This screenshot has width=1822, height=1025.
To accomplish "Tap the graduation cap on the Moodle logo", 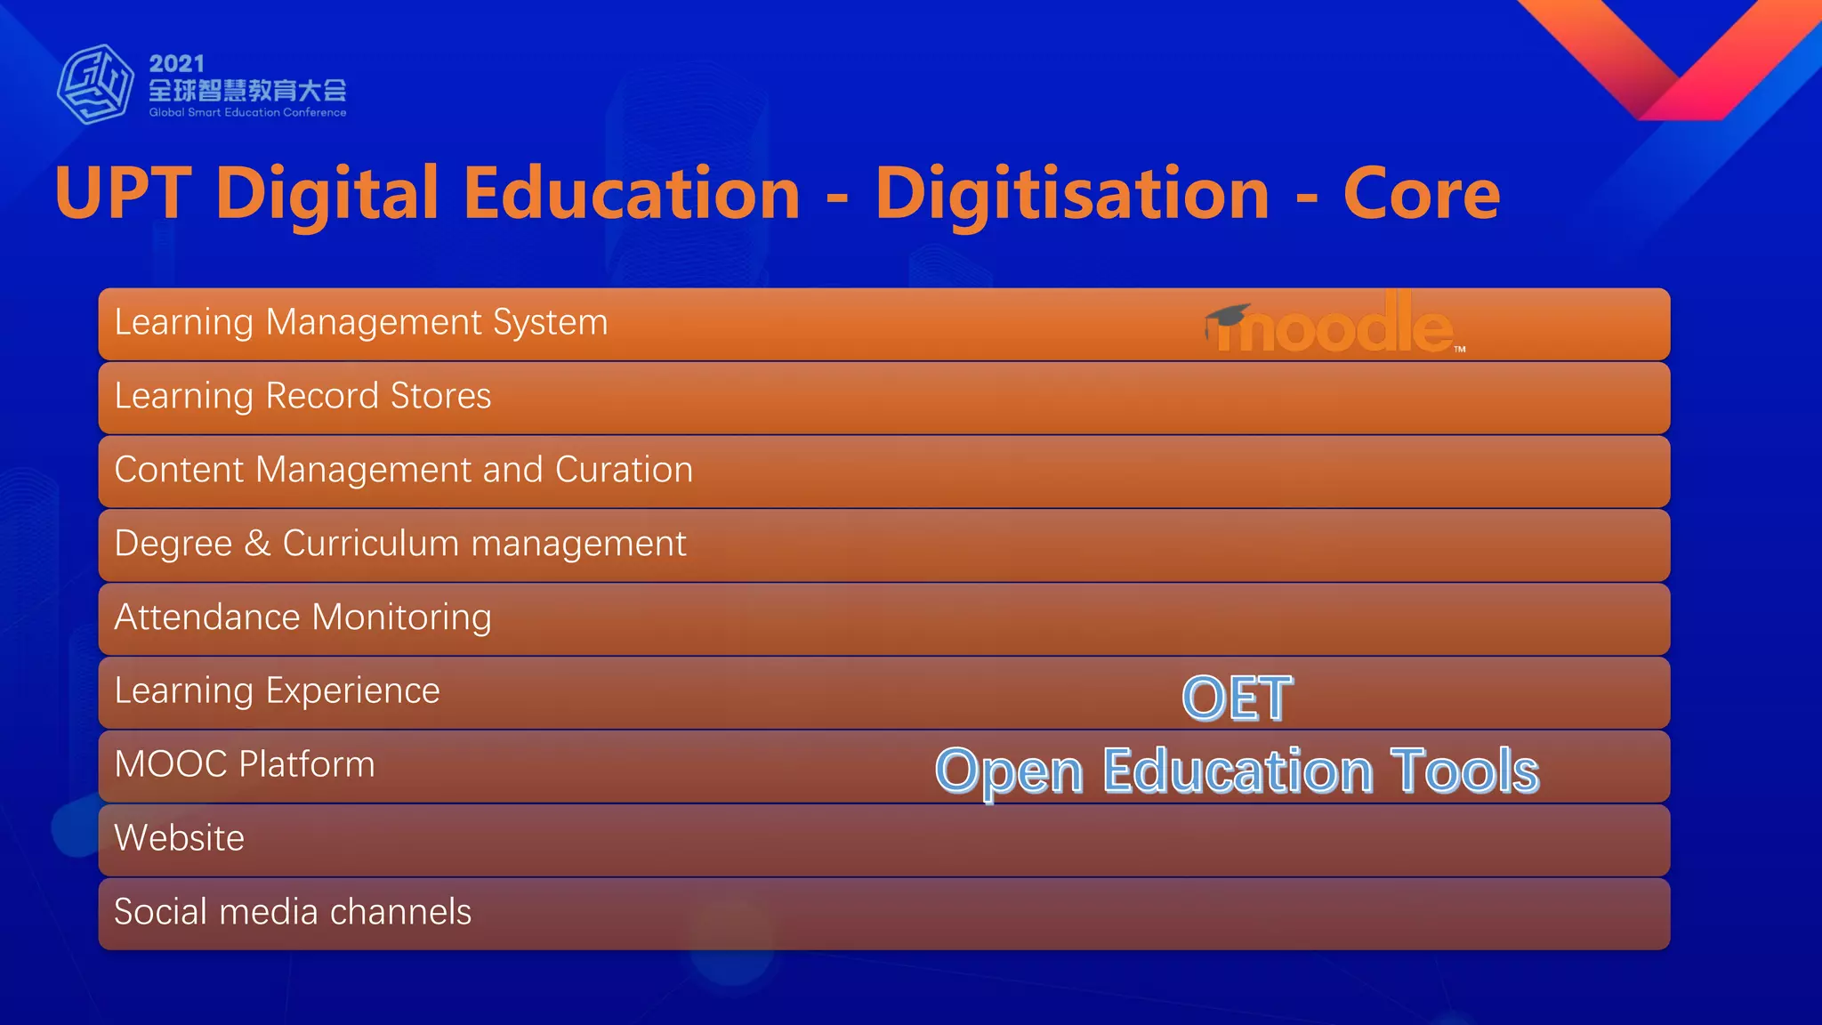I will (1228, 316).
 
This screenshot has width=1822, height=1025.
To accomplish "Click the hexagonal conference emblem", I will (95, 85).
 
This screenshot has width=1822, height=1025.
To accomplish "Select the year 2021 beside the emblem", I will (177, 64).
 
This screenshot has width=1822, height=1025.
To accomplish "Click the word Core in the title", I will (1421, 194).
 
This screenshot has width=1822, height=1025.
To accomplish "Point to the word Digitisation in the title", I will (1072, 194).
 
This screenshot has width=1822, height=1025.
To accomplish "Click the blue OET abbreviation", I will (1237, 698).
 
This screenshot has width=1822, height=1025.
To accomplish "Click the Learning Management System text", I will (361, 322).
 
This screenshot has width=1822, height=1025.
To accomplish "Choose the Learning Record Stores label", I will (302, 396).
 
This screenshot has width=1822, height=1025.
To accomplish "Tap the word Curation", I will (624, 470).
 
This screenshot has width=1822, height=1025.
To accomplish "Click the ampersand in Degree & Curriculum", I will (257, 543).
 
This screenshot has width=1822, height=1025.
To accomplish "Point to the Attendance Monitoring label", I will (302, 617).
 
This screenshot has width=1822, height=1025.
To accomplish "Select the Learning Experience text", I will (277, 691).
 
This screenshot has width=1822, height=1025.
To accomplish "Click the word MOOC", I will (171, 764).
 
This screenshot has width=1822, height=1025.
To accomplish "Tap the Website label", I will (179, 838).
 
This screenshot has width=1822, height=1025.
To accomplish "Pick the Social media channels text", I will (293, 912).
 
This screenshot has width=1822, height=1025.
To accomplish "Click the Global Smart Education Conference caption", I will (247, 113).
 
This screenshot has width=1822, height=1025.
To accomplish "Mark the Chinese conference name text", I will (247, 90).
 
